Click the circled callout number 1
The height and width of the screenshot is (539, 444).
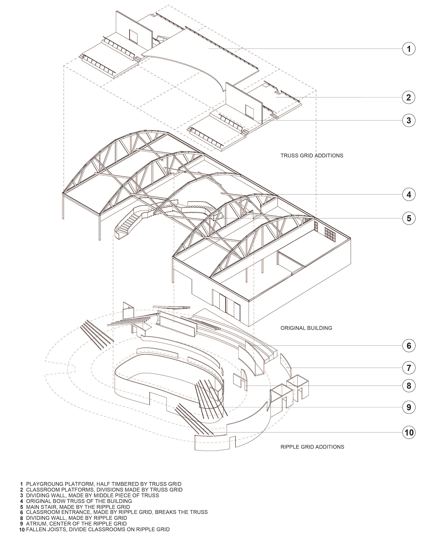[409, 49]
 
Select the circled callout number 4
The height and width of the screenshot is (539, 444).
[409, 194]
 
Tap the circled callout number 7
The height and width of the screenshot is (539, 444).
[409, 368]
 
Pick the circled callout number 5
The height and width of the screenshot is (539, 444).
[409, 218]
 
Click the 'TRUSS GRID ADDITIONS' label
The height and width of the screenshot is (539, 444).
[312, 156]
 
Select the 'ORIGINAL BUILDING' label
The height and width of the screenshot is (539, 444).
[306, 328]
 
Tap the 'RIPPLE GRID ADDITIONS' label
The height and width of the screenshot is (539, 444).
[312, 447]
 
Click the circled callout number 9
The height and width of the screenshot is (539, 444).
[409, 407]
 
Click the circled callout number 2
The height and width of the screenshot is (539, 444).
[409, 97]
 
